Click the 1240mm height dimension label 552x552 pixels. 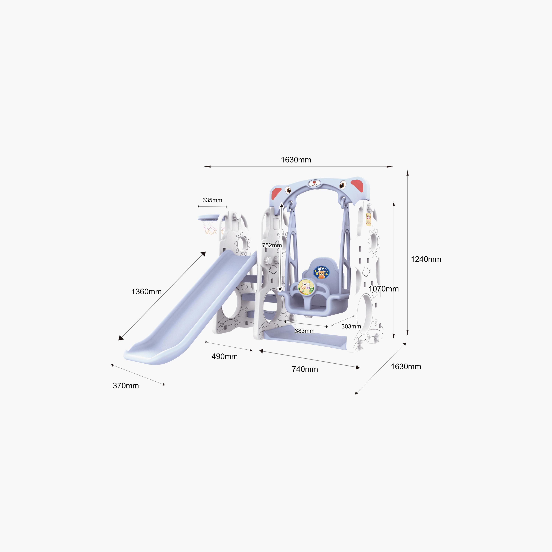[x=426, y=259]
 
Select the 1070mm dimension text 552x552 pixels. [x=383, y=289]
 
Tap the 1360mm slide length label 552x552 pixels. [x=146, y=291]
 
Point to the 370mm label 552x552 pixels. [x=126, y=386]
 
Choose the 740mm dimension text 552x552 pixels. [x=305, y=369]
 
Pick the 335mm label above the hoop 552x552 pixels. [x=212, y=200]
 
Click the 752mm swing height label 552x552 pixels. [x=272, y=245]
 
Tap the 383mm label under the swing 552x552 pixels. [x=305, y=331]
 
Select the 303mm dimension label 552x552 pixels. [x=351, y=326]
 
